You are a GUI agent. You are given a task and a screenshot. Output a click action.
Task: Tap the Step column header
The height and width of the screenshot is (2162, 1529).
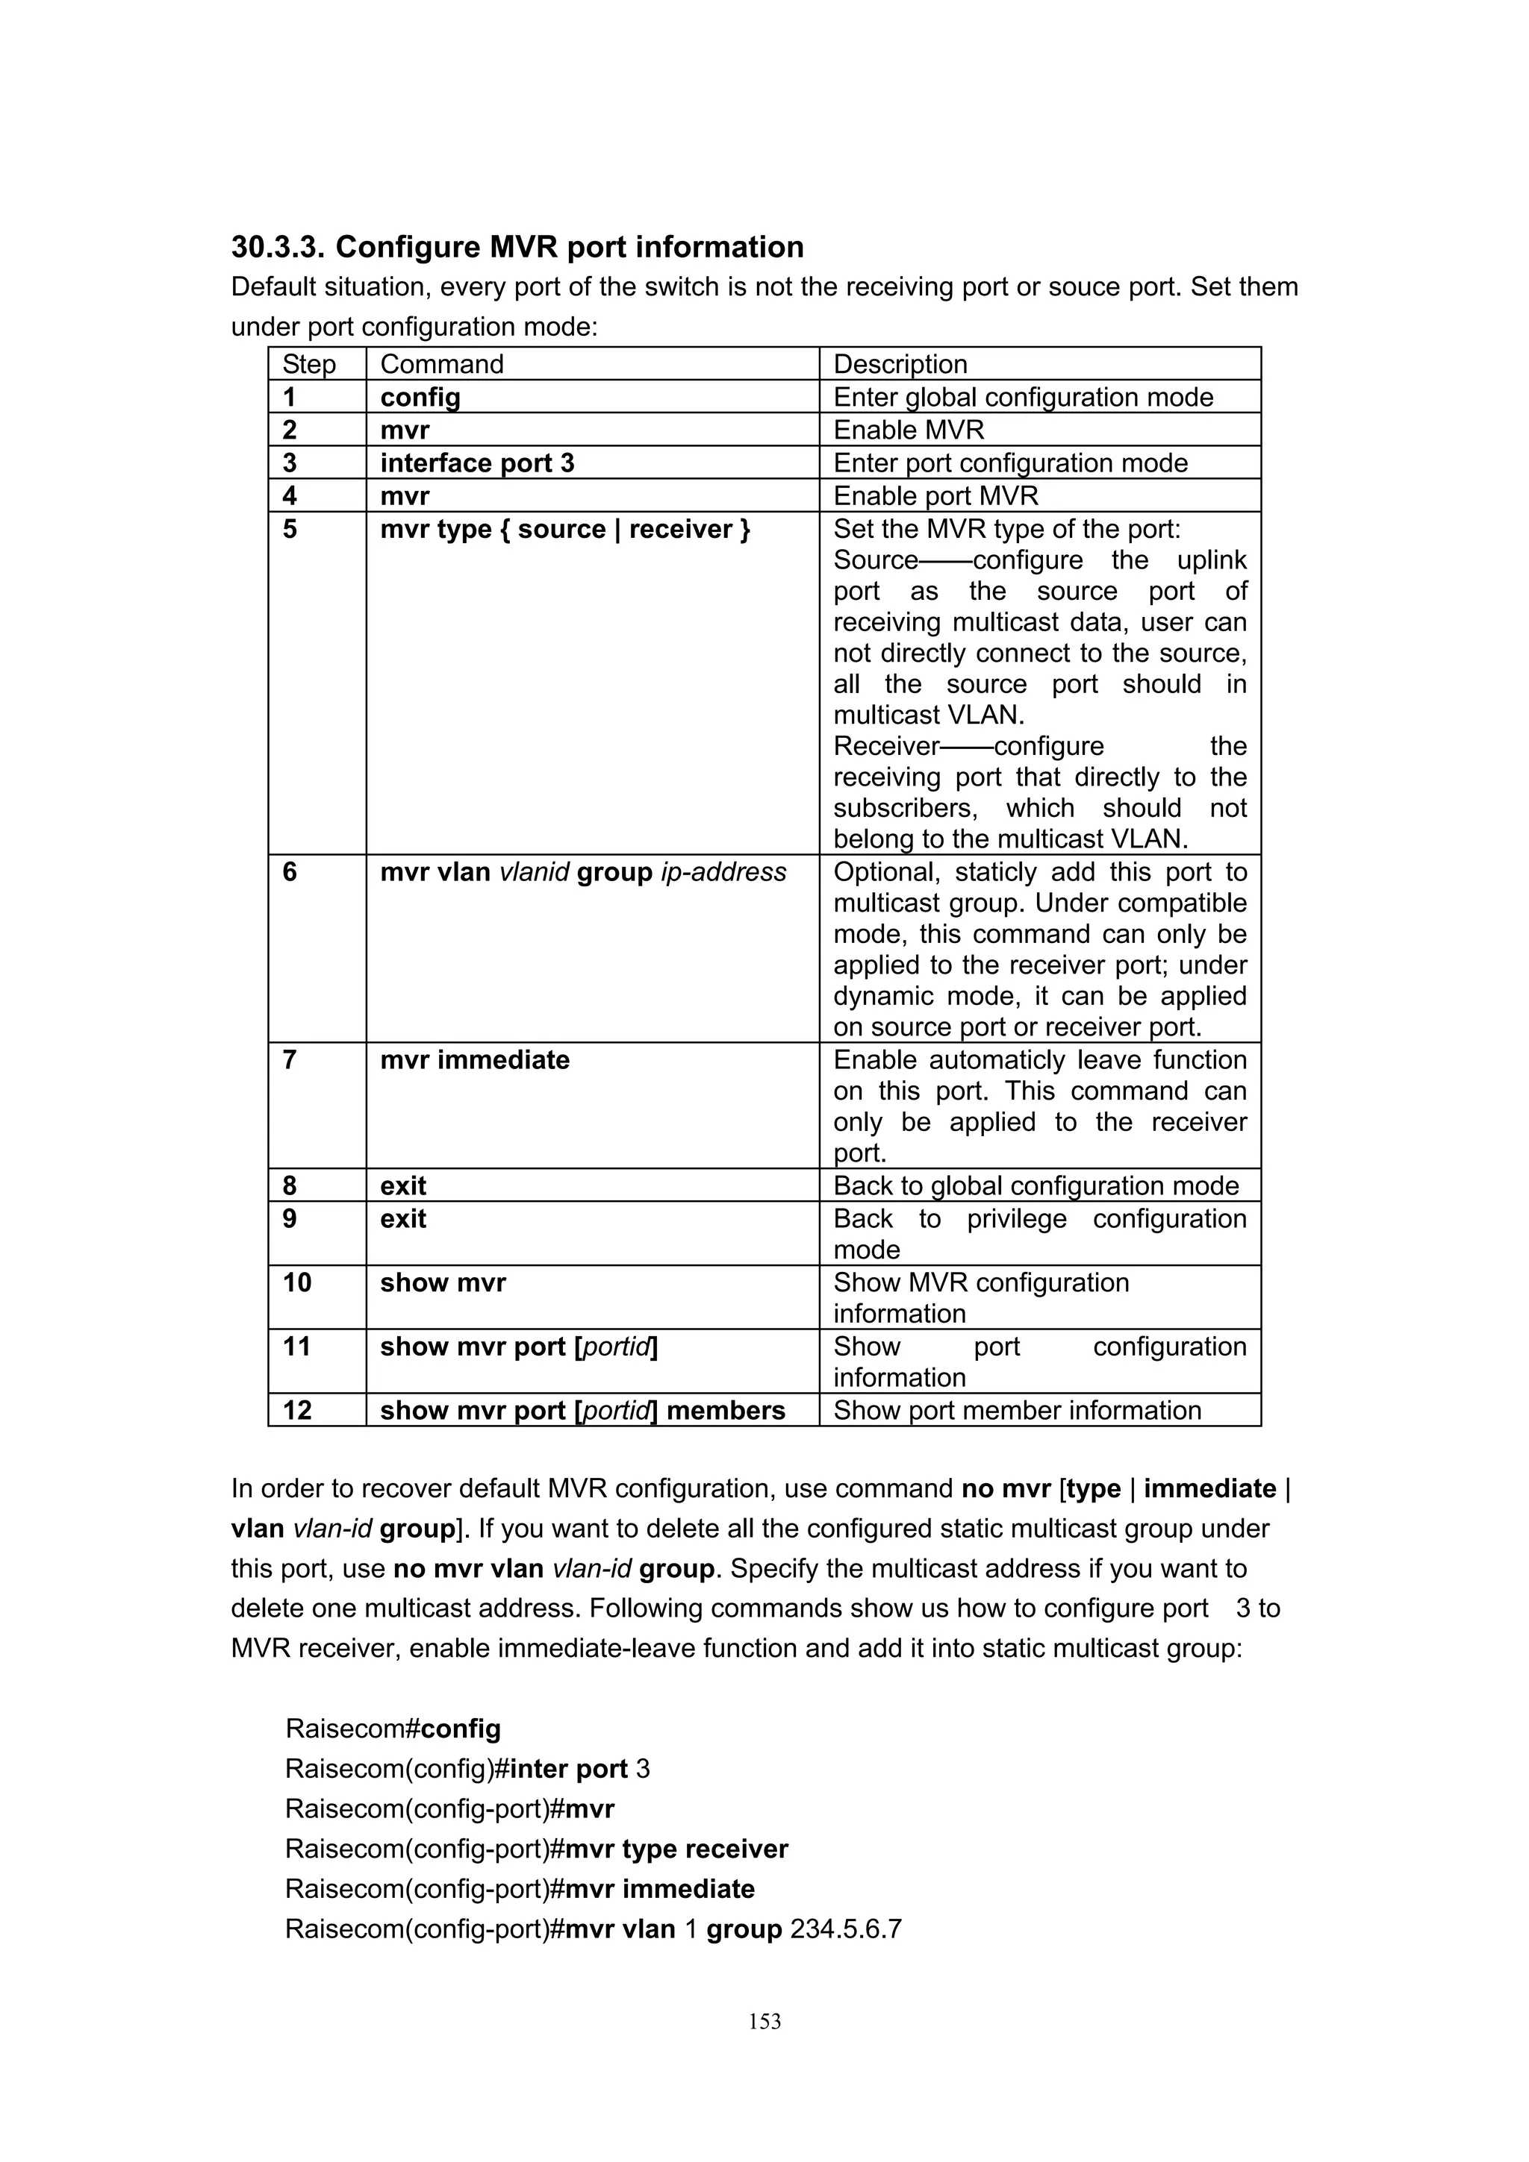click(309, 364)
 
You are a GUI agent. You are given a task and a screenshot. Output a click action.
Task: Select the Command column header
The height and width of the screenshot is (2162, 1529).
click(442, 364)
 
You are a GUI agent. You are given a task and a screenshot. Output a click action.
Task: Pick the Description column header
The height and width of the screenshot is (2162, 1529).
click(900, 364)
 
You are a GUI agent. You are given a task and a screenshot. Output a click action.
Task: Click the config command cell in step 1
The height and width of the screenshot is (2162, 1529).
click(420, 398)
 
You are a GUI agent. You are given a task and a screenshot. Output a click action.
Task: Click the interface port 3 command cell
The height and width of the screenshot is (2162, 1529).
click(477, 463)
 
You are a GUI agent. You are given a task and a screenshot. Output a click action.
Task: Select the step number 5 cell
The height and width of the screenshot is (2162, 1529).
click(290, 529)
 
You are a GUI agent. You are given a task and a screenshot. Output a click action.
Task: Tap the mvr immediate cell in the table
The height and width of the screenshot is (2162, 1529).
click(475, 1060)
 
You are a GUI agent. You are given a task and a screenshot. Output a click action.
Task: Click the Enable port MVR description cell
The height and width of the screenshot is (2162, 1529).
click(935, 496)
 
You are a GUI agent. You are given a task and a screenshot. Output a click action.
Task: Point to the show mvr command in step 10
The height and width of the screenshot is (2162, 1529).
click(443, 1282)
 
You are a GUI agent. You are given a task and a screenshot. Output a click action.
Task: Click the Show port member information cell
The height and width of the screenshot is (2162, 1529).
click(1017, 1411)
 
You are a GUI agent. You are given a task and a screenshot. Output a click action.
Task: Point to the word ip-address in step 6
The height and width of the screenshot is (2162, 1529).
click(723, 873)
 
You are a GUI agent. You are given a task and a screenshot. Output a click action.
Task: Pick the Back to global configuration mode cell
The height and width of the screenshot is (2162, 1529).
click(1036, 1186)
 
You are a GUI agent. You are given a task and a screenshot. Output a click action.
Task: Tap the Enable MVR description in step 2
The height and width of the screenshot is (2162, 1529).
click(908, 430)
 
